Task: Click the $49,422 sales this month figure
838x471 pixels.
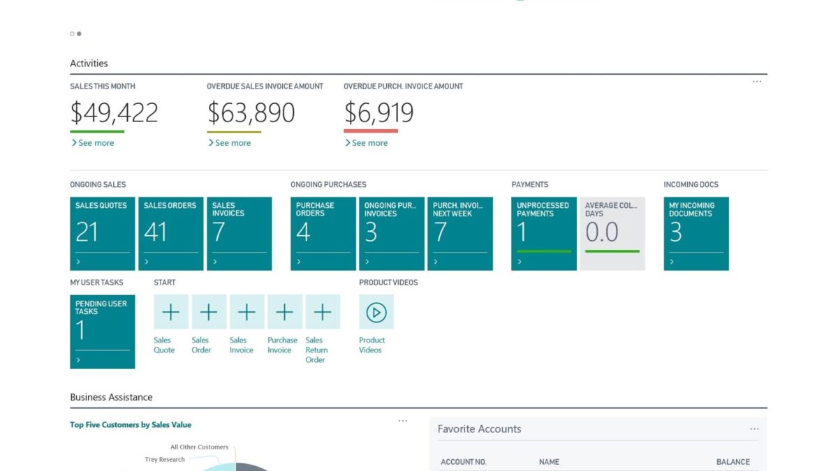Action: pos(114,112)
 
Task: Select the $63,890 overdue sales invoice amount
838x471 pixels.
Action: pos(251,112)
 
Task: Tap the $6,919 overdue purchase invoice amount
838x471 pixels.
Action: pos(378,112)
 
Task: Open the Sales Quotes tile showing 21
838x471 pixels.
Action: pos(102,233)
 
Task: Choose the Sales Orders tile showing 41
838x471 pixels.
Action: pos(170,233)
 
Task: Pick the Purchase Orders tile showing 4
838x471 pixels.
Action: pos(323,233)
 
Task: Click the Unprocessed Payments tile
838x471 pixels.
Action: pos(543,233)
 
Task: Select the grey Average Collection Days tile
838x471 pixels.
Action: pos(612,233)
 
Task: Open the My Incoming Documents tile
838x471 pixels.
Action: pos(696,233)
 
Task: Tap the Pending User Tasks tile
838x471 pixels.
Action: pos(102,331)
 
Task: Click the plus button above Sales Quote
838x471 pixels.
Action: pos(171,312)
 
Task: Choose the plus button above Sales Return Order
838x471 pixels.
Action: pos(323,312)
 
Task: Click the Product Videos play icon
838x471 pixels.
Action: pos(376,312)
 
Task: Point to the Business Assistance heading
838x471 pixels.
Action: pos(111,397)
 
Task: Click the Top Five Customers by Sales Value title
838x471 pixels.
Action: pos(131,424)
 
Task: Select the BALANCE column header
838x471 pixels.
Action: pos(733,462)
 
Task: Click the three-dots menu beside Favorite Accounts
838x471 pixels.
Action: pos(754,429)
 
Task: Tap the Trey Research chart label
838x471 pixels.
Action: pos(165,460)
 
